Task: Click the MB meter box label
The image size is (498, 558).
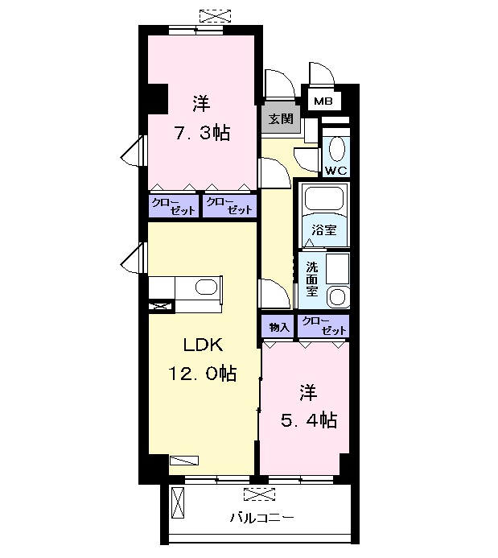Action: point(323,101)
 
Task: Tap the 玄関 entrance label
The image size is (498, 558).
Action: point(281,119)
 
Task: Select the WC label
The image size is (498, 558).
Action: point(336,171)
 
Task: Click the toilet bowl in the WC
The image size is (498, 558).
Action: point(336,149)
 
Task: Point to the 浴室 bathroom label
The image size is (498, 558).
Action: point(324,229)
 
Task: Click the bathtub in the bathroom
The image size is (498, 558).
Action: point(324,200)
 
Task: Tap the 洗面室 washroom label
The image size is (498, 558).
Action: point(311,279)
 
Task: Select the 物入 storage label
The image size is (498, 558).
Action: point(279,327)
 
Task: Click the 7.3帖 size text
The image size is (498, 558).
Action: point(202,134)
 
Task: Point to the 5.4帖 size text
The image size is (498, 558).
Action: point(309,420)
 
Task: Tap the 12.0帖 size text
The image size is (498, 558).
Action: point(202,374)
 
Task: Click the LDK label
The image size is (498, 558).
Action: point(203,345)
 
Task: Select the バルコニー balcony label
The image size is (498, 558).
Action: point(262,517)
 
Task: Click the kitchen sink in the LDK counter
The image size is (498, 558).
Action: point(206,287)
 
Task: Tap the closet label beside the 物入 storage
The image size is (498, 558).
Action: point(323,326)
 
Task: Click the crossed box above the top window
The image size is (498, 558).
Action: point(215,16)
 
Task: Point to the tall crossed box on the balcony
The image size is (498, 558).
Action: point(178,502)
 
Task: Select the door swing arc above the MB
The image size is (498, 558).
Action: point(322,73)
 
